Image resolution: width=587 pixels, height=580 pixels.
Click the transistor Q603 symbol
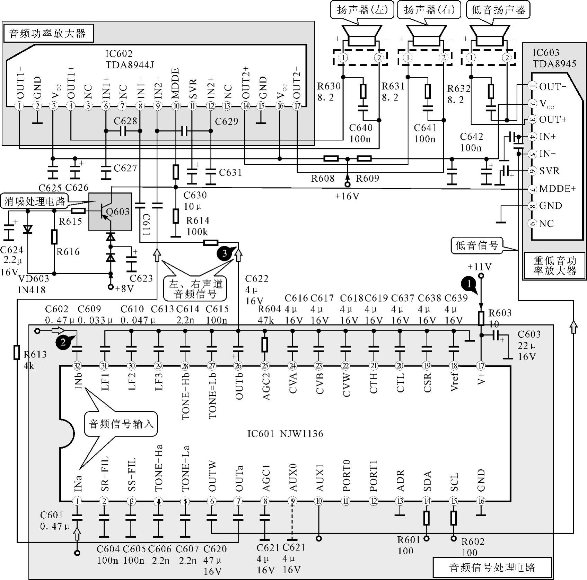tap(109, 211)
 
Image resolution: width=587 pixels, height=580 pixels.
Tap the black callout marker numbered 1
tap(469, 284)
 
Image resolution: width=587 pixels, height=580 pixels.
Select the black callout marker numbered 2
tap(63, 342)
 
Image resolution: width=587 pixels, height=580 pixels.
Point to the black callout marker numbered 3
tap(224, 253)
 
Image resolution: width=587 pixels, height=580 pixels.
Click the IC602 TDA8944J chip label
tap(130, 59)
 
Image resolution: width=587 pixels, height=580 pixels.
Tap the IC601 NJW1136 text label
tap(285, 434)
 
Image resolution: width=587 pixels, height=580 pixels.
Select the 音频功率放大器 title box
tap(48, 34)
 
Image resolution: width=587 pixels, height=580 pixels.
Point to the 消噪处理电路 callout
tap(35, 201)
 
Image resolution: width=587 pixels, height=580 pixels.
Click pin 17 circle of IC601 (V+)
tap(481, 365)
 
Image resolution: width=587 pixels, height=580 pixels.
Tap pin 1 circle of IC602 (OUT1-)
tap(20, 106)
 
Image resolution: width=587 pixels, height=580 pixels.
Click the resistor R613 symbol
tap(17, 352)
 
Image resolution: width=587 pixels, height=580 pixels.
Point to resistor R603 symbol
tap(481, 318)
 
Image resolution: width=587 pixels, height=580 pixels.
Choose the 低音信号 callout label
tap(477, 245)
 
